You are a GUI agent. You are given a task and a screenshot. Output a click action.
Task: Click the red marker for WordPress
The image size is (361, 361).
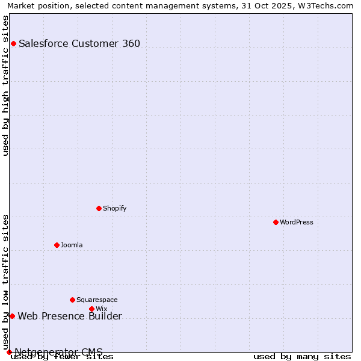point(276,222)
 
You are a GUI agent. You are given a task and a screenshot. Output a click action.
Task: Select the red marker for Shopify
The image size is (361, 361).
point(99,208)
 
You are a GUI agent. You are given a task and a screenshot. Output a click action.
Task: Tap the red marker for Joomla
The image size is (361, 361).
point(57,245)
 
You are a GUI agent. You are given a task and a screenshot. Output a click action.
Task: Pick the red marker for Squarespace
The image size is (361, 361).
point(73,300)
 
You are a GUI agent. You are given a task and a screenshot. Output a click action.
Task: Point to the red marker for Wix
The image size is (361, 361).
point(92,309)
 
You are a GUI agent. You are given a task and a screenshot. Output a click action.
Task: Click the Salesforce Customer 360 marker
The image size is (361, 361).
point(13,43)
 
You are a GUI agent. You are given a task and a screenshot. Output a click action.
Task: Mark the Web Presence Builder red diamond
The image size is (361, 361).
point(12,316)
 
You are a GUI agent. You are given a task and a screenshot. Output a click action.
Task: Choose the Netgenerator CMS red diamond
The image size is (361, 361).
point(9,352)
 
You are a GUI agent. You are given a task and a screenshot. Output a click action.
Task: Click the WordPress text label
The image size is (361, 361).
point(297,222)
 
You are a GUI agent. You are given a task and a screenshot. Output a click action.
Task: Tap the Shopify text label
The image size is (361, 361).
point(115,208)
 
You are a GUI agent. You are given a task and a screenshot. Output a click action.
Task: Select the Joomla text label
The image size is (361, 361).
point(72,245)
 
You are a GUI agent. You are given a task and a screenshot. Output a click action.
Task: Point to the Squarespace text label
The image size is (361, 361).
point(97,300)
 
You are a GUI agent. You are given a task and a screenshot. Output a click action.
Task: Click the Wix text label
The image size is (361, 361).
point(102,309)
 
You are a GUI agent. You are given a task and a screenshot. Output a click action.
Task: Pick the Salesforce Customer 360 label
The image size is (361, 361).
point(79,43)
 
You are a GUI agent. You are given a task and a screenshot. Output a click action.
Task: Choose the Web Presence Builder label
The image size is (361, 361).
point(70,316)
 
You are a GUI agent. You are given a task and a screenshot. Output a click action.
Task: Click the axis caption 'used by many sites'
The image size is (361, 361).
point(302,356)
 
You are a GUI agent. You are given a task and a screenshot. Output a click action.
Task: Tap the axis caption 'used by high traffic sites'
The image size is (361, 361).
point(6,85)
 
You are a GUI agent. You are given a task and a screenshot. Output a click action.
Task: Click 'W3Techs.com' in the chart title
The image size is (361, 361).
point(329,5)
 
